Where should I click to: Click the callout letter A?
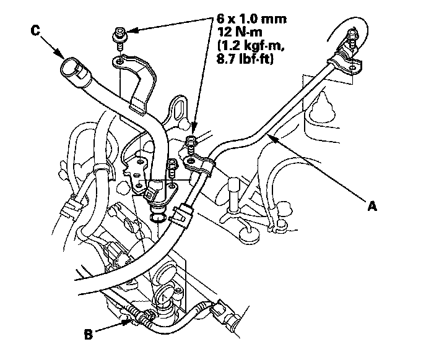(x=372, y=208)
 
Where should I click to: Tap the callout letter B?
(x=88, y=336)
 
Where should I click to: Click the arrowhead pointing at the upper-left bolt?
(x=128, y=30)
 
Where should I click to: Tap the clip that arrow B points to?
(x=142, y=317)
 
